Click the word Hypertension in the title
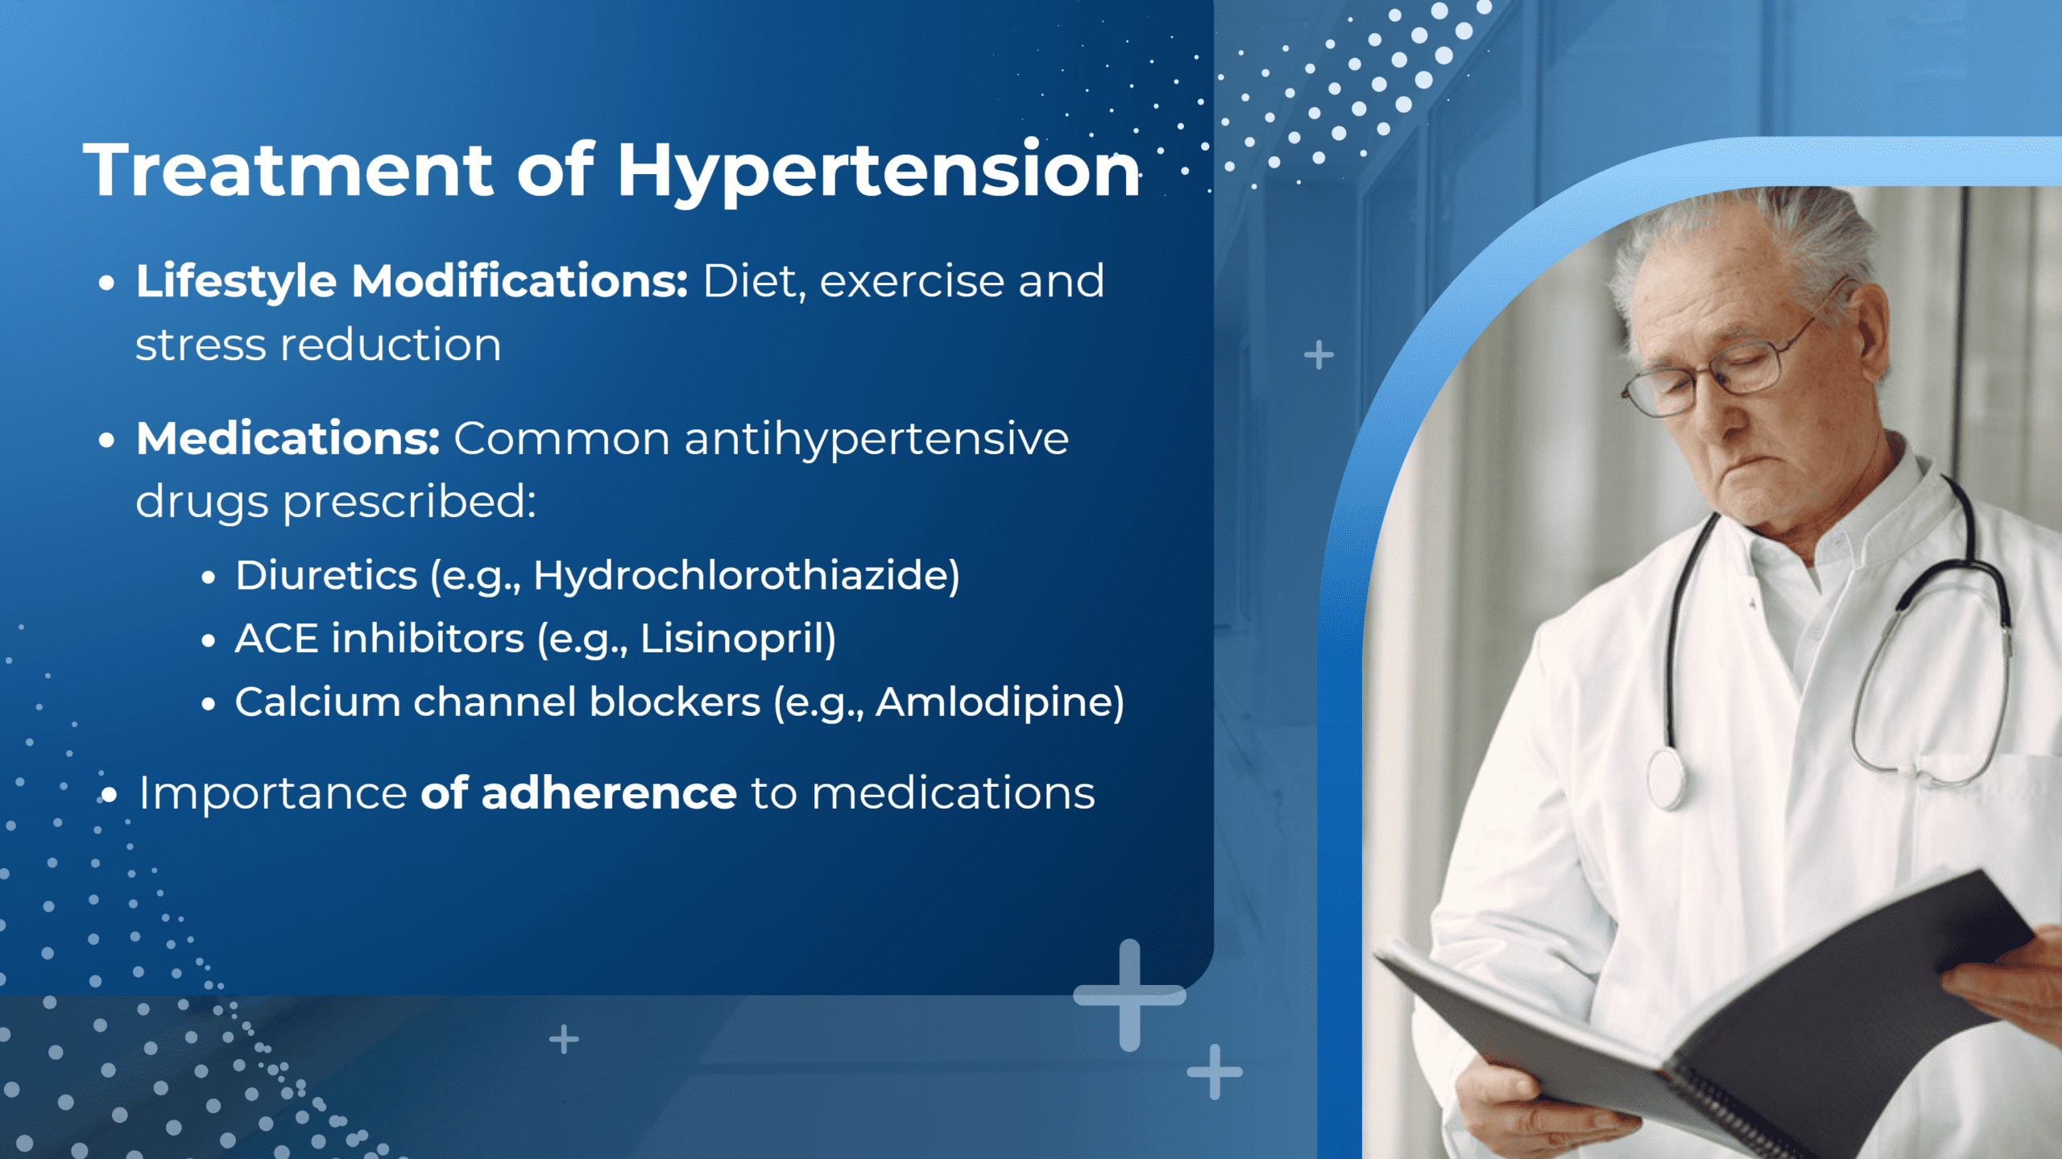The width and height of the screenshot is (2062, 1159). pos(878,171)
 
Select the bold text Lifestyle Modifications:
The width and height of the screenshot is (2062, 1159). pos(412,282)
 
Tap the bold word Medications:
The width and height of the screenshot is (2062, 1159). pos(288,439)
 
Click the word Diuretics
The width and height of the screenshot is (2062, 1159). pos(326,576)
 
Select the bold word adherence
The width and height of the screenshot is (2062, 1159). pos(608,793)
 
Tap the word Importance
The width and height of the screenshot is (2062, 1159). pos(273,793)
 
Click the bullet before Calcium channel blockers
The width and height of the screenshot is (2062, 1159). pos(209,705)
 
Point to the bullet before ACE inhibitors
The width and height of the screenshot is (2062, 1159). pos(209,641)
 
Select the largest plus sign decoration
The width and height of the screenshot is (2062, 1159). pos(1129,995)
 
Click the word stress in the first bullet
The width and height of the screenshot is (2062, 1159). pos(201,346)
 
